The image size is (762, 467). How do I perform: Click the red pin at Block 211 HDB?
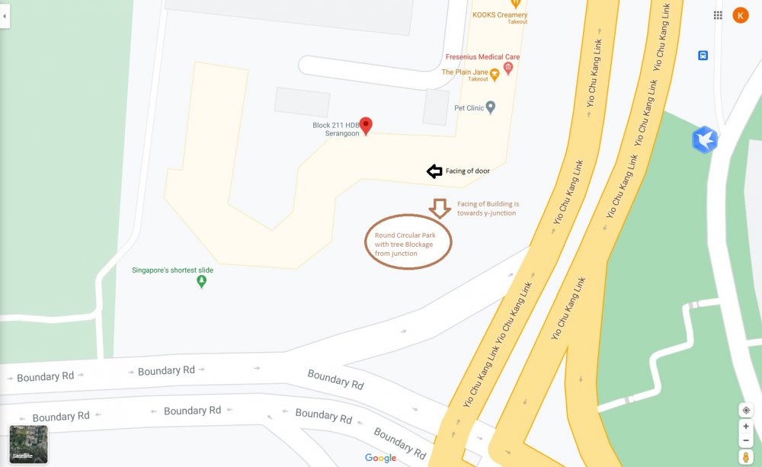366,126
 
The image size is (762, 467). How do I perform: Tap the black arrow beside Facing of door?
434,171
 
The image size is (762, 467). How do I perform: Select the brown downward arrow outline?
439,207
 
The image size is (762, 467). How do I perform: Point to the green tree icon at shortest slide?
202,282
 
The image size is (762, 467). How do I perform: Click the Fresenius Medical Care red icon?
508,69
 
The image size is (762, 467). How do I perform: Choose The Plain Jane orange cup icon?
495,73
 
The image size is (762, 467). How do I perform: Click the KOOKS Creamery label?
500,15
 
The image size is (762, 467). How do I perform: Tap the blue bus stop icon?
703,55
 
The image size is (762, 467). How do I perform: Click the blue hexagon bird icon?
704,139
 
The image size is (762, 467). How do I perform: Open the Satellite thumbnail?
28,444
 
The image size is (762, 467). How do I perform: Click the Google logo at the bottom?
380,458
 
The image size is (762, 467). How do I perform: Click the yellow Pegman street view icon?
746,457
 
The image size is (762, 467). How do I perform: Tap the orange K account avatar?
740,15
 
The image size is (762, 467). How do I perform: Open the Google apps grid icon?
718,15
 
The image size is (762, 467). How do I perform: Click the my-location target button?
746,410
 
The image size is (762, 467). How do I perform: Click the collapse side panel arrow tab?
5,15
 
